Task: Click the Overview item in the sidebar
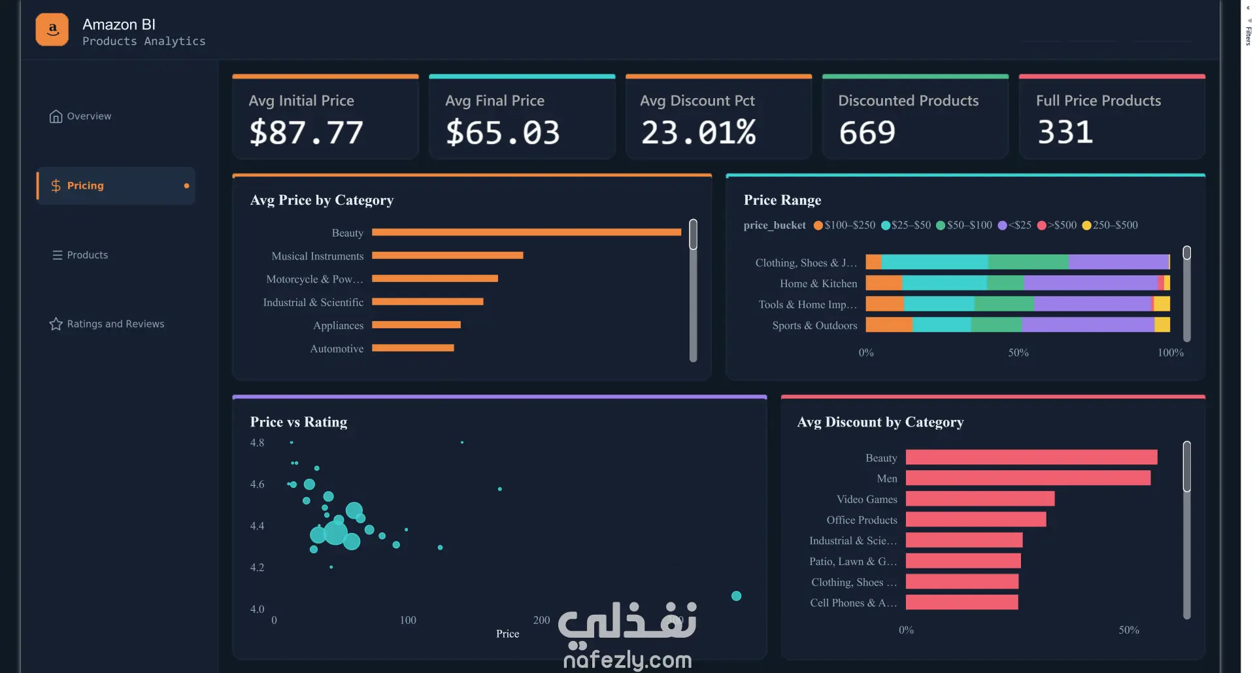coord(80,116)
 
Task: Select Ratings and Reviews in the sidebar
coord(107,324)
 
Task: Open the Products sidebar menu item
coord(80,255)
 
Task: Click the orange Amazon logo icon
coord(52,29)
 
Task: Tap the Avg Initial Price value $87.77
coord(306,132)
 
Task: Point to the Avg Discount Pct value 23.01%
coord(698,132)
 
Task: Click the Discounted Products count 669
coord(867,132)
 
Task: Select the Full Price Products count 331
coord(1065,132)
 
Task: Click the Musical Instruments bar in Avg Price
coord(448,255)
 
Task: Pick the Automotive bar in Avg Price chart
coord(413,348)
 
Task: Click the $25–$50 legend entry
coord(906,225)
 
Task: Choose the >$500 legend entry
coord(1057,225)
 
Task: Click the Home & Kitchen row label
coord(818,284)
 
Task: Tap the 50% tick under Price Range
coord(1018,353)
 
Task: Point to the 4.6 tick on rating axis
coord(257,484)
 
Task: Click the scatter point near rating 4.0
coord(736,596)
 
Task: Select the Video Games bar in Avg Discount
coord(980,498)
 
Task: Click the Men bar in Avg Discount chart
coord(1028,478)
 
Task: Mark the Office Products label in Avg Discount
coord(862,520)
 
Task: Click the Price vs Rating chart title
coord(299,422)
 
